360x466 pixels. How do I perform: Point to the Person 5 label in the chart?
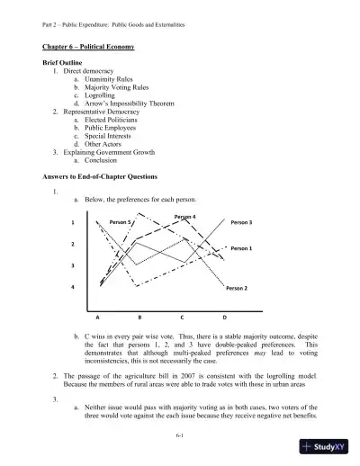(121, 221)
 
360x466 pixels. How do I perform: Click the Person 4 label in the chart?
(185, 216)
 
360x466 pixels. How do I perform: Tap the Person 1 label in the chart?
(242, 247)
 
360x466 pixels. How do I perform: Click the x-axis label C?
(182, 318)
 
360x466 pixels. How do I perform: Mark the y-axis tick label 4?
(72, 288)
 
